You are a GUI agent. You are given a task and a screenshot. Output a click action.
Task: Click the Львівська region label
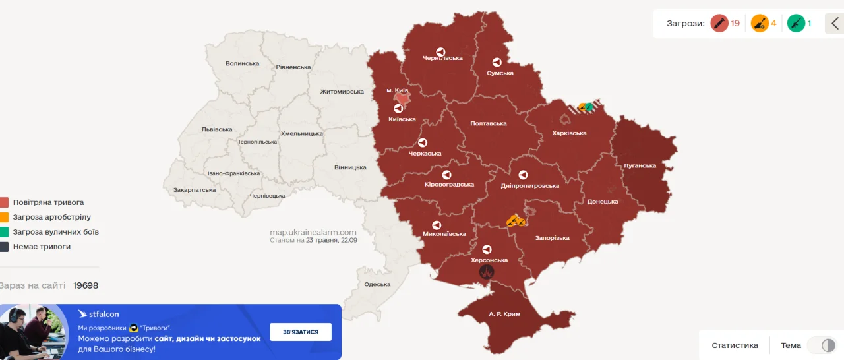(217, 129)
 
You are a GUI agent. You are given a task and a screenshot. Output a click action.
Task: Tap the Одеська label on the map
(377, 284)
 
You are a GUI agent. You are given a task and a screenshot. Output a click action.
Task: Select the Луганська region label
(640, 165)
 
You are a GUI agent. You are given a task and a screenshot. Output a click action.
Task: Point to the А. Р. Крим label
(504, 314)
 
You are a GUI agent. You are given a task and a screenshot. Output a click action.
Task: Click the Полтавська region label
(488, 123)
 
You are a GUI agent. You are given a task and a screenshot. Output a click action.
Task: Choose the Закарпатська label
(195, 189)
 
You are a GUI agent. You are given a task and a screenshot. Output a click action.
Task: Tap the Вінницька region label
(350, 167)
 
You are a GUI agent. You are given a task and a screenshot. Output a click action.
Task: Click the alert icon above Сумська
(497, 63)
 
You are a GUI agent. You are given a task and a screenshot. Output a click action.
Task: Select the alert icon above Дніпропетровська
(523, 175)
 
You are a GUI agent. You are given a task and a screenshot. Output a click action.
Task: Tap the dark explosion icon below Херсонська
(487, 272)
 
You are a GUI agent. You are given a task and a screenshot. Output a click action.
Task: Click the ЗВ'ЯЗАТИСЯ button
(301, 332)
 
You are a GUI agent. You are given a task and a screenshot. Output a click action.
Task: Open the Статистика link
(735, 345)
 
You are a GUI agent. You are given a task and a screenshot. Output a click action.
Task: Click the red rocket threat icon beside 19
(719, 24)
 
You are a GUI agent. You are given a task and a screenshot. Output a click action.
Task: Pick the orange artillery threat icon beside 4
(760, 24)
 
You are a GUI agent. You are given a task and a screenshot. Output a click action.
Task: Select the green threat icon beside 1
(796, 24)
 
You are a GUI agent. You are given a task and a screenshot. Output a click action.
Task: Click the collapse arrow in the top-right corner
(835, 24)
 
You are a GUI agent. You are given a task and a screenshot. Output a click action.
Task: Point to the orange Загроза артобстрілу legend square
(5, 217)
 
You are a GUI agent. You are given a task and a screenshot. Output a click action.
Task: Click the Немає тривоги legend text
(42, 247)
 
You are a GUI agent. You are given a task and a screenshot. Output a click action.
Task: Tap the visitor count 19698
(86, 285)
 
